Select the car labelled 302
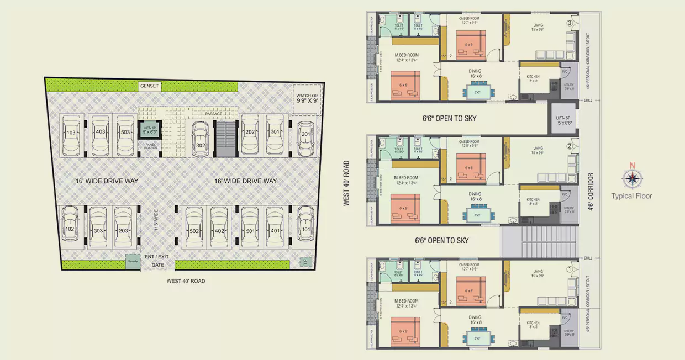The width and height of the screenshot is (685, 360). (x=201, y=141)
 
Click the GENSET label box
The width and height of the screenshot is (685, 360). (x=150, y=86)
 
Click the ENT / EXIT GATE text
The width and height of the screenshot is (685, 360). (x=157, y=261)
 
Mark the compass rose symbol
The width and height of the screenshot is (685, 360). (x=631, y=177)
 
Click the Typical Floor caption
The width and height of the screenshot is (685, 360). (x=631, y=196)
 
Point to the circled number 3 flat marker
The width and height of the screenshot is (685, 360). (x=570, y=23)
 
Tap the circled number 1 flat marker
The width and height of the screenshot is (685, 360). (x=570, y=269)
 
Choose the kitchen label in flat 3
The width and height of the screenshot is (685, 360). (x=533, y=77)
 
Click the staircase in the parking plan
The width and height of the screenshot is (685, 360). (x=225, y=139)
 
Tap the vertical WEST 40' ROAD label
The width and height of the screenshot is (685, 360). (x=347, y=183)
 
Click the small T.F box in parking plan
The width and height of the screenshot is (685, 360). (x=303, y=262)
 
